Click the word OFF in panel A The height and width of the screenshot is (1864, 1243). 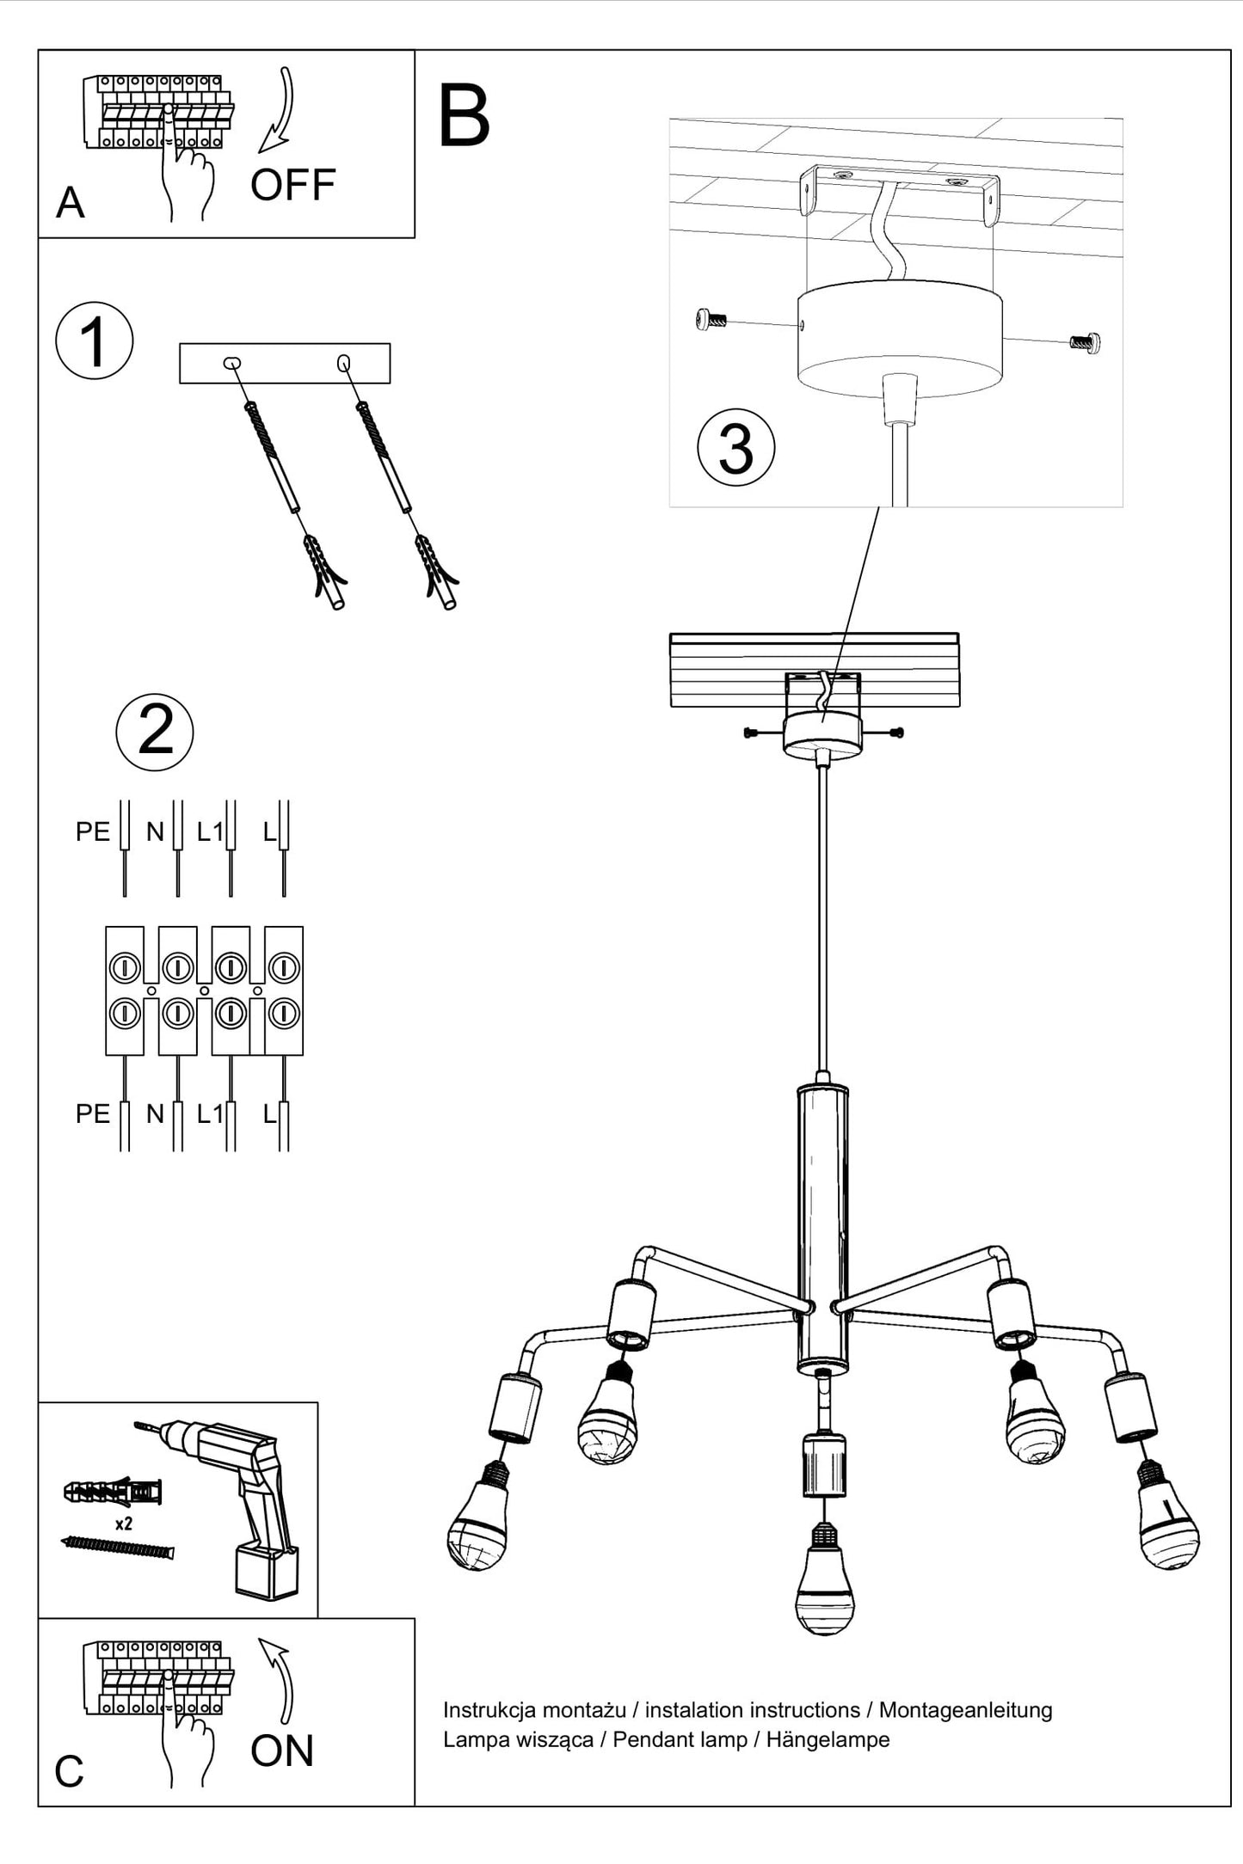pyautogui.click(x=292, y=185)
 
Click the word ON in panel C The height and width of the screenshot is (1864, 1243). pyautogui.click(x=282, y=1752)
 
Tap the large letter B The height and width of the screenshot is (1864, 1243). pyautogui.click(x=464, y=117)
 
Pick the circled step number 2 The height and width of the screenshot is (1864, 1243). pyautogui.click(x=155, y=732)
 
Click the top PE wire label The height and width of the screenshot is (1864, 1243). pyautogui.click(x=92, y=831)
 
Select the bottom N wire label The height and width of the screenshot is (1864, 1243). pyautogui.click(x=155, y=1114)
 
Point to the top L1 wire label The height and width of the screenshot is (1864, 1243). pyautogui.click(x=209, y=831)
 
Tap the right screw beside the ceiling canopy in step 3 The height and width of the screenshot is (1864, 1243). pyautogui.click(x=1086, y=342)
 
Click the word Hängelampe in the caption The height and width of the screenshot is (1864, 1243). pyautogui.click(x=828, y=1740)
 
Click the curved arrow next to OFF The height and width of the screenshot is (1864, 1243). pyautogui.click(x=280, y=112)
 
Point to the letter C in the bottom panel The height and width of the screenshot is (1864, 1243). pyautogui.click(x=69, y=1772)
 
